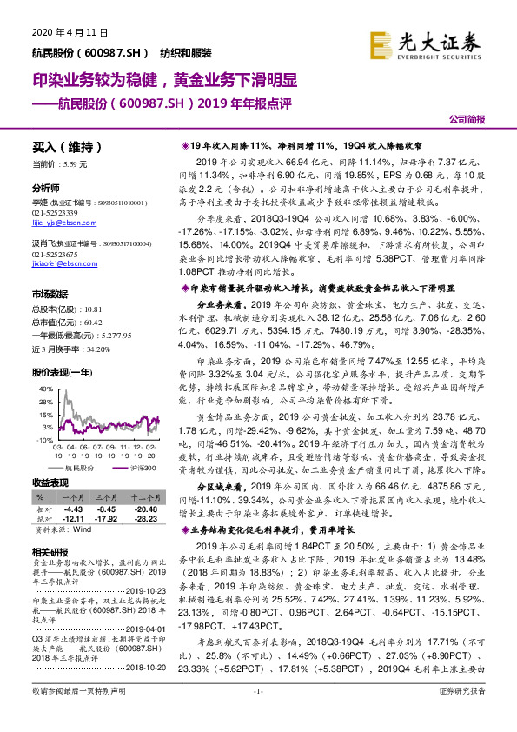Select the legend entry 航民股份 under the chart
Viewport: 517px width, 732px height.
[x=83, y=468]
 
